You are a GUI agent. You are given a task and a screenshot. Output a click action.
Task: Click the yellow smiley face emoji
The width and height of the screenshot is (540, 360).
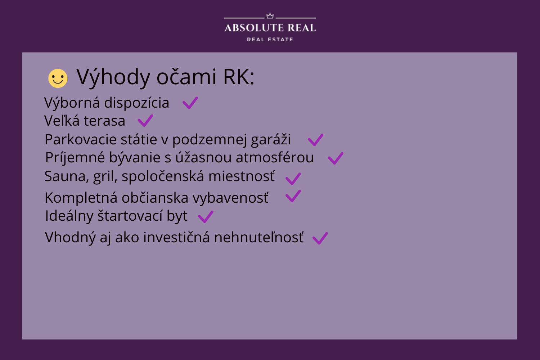tap(58, 78)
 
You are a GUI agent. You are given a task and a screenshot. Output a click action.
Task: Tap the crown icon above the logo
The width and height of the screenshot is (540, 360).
tap(270, 16)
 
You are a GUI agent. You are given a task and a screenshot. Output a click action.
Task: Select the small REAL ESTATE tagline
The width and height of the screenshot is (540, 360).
tap(270, 39)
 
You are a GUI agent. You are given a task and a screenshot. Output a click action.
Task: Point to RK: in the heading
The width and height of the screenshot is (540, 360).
tap(239, 77)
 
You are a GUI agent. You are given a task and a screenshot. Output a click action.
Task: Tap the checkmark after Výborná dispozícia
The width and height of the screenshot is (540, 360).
tap(190, 103)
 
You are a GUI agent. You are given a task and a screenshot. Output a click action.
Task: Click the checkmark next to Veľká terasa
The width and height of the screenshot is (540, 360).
tap(145, 121)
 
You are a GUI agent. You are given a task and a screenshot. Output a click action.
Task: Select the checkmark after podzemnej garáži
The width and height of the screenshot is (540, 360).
tap(316, 140)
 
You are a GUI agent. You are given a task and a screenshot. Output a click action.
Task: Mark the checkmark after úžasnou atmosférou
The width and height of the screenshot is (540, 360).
tap(336, 158)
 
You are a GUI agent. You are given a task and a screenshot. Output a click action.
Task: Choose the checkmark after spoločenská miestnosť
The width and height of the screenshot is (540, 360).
tap(293, 179)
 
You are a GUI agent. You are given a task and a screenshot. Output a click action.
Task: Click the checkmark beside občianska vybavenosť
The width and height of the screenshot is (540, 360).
tap(293, 196)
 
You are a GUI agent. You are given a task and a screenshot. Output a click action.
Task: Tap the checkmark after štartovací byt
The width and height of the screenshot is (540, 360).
tap(206, 217)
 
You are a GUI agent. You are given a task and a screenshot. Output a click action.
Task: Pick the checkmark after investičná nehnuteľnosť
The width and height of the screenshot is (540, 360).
tap(320, 238)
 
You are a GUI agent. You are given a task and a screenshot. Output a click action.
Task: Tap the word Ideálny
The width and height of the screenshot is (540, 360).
tap(69, 216)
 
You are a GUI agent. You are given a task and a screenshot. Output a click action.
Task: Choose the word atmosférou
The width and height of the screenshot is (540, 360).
tap(275, 157)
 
